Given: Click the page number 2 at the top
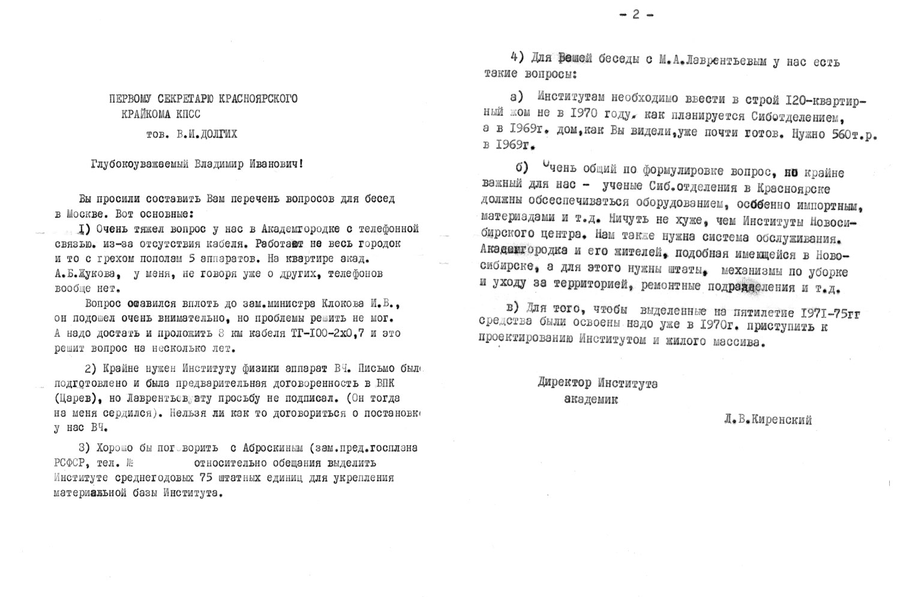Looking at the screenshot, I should click(x=636, y=15).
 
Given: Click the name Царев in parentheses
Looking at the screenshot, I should click(x=74, y=398).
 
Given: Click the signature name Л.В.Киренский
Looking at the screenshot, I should click(x=768, y=420).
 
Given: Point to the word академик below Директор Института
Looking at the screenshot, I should click(x=591, y=399).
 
